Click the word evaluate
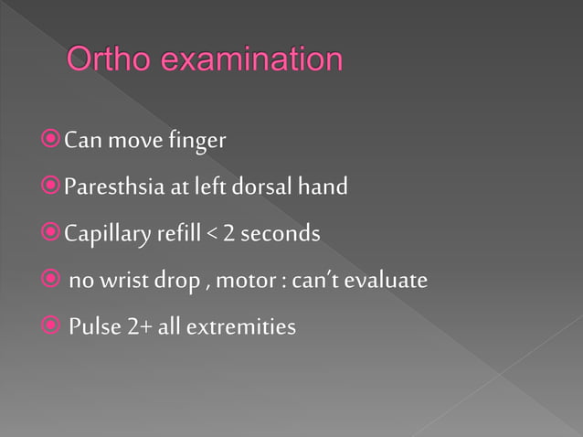386,280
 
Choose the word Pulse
94,325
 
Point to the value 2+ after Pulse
138,325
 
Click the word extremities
240,325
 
